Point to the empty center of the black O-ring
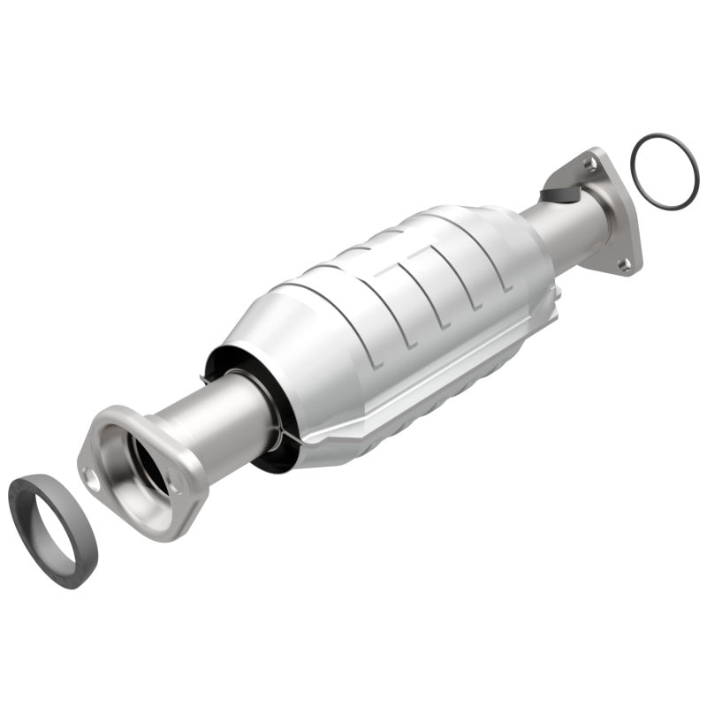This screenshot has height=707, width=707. pyautogui.click(x=665, y=171)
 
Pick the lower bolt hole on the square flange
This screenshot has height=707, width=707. pyautogui.click(x=624, y=262)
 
